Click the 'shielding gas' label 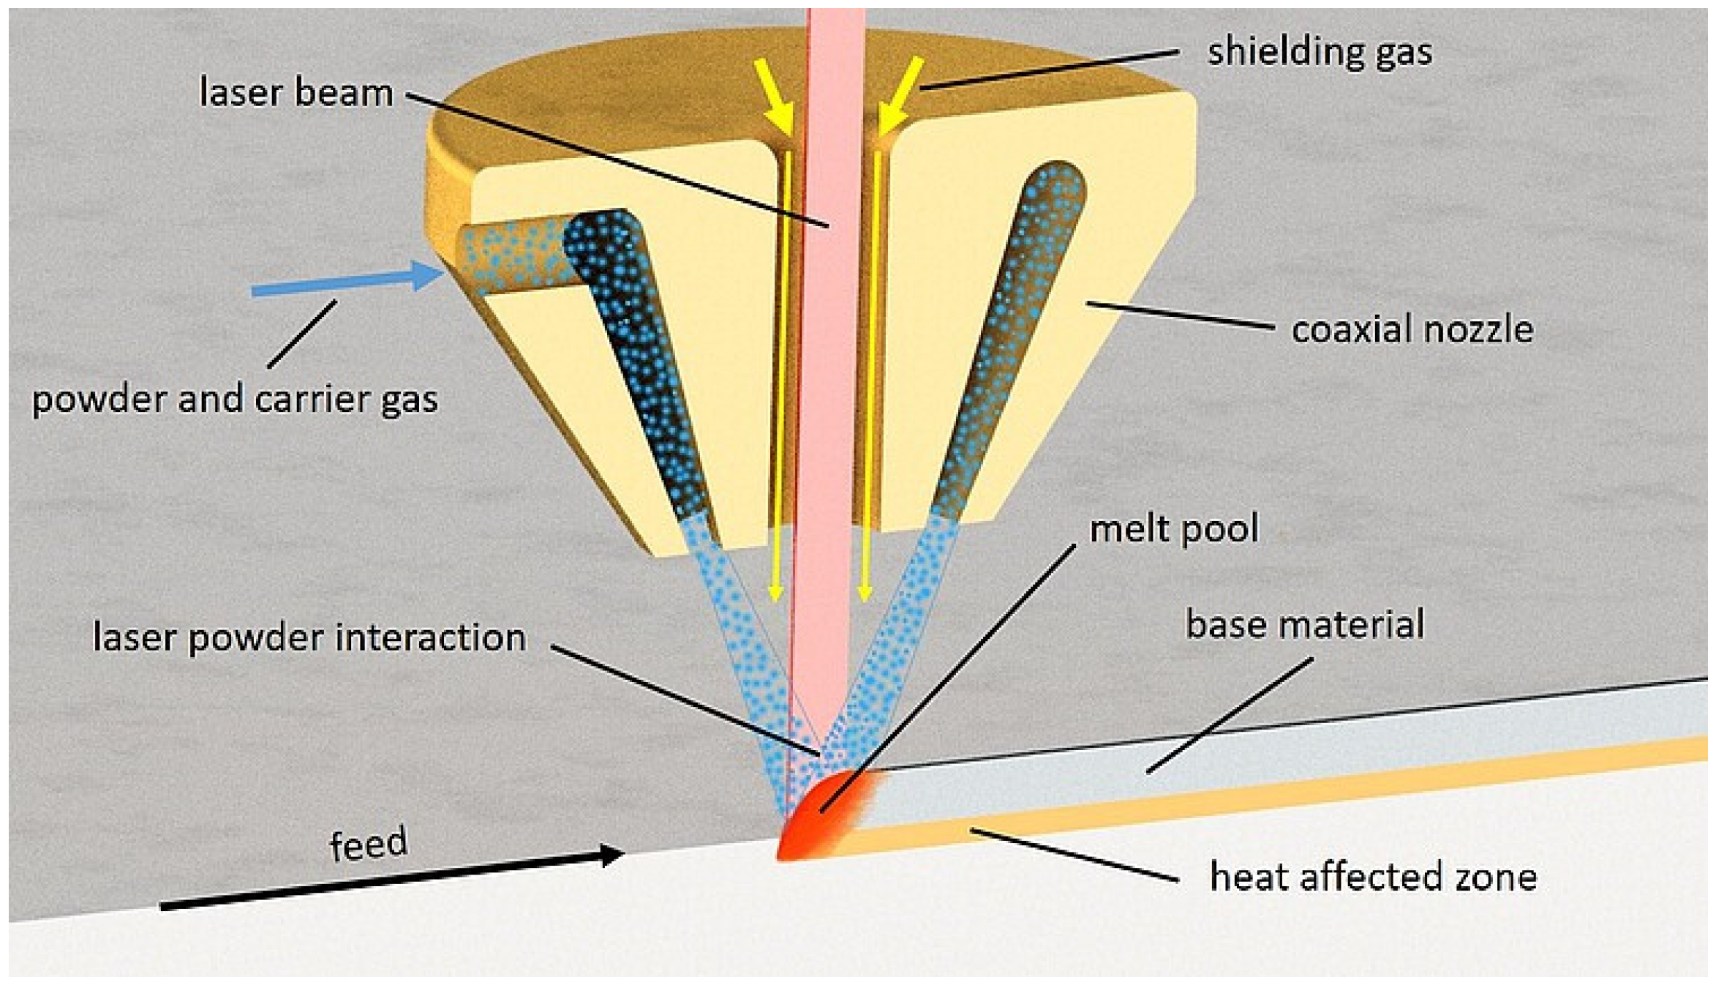click(1319, 52)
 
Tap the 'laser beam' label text click(296, 93)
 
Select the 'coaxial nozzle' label click(1412, 329)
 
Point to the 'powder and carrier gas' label click(235, 400)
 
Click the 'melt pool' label click(1173, 529)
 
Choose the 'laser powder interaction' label click(309, 637)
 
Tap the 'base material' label click(1304, 625)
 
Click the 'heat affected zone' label click(1373, 877)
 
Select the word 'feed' click(368, 844)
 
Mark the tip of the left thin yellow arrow click(776, 596)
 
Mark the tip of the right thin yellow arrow click(865, 596)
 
